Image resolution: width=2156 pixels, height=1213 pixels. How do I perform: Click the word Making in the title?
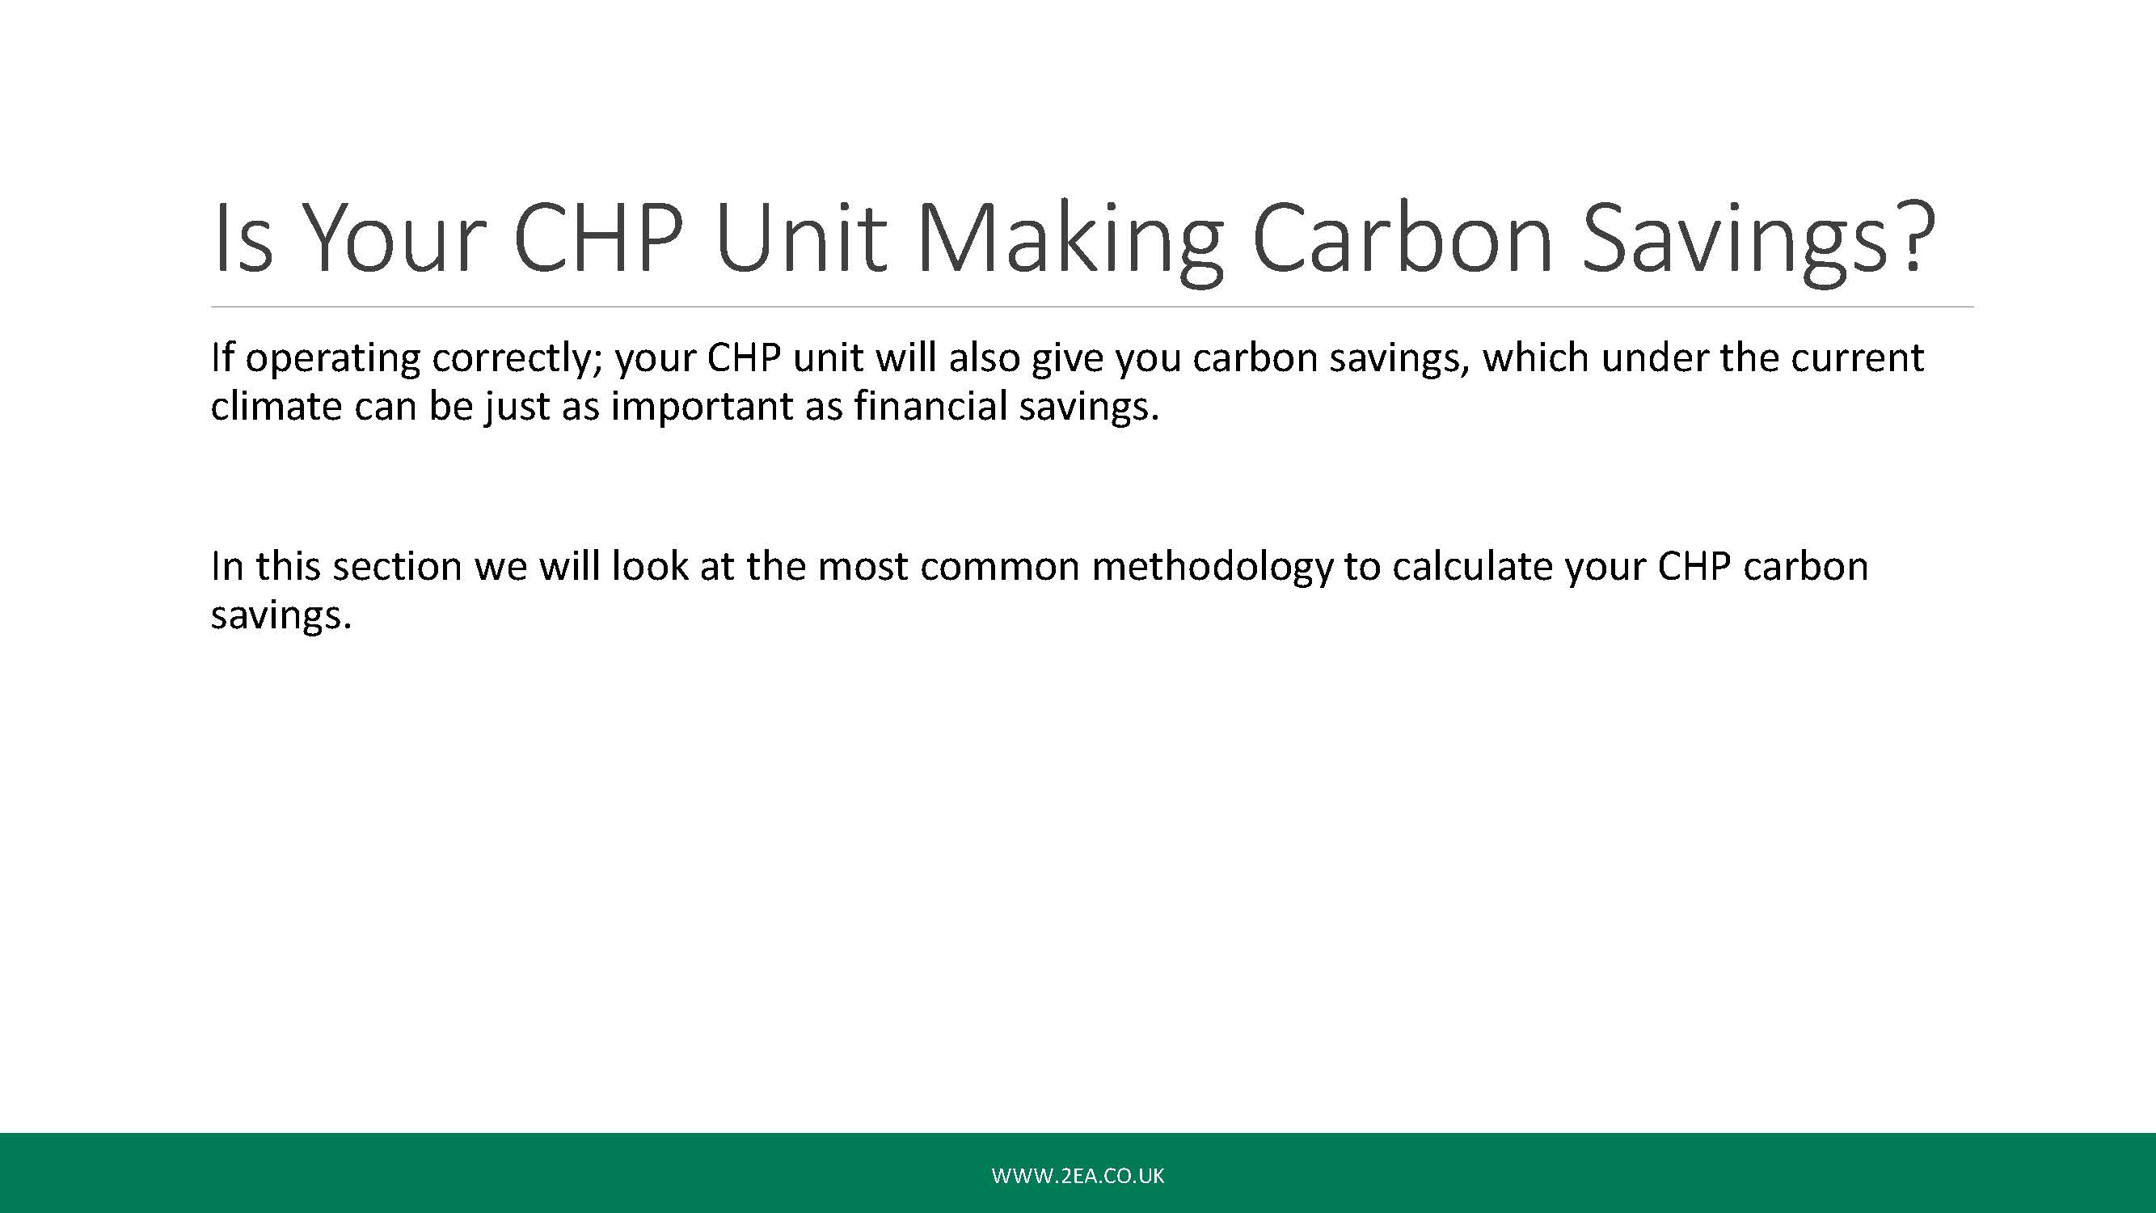(1070, 241)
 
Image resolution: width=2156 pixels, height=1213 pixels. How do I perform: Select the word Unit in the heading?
(801, 236)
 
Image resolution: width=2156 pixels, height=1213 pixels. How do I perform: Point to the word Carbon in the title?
(1403, 236)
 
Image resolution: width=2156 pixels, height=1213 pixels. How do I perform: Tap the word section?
(398, 567)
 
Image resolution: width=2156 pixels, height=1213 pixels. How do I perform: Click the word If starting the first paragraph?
(222, 357)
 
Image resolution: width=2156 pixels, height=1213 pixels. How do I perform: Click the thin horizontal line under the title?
(1092, 307)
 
